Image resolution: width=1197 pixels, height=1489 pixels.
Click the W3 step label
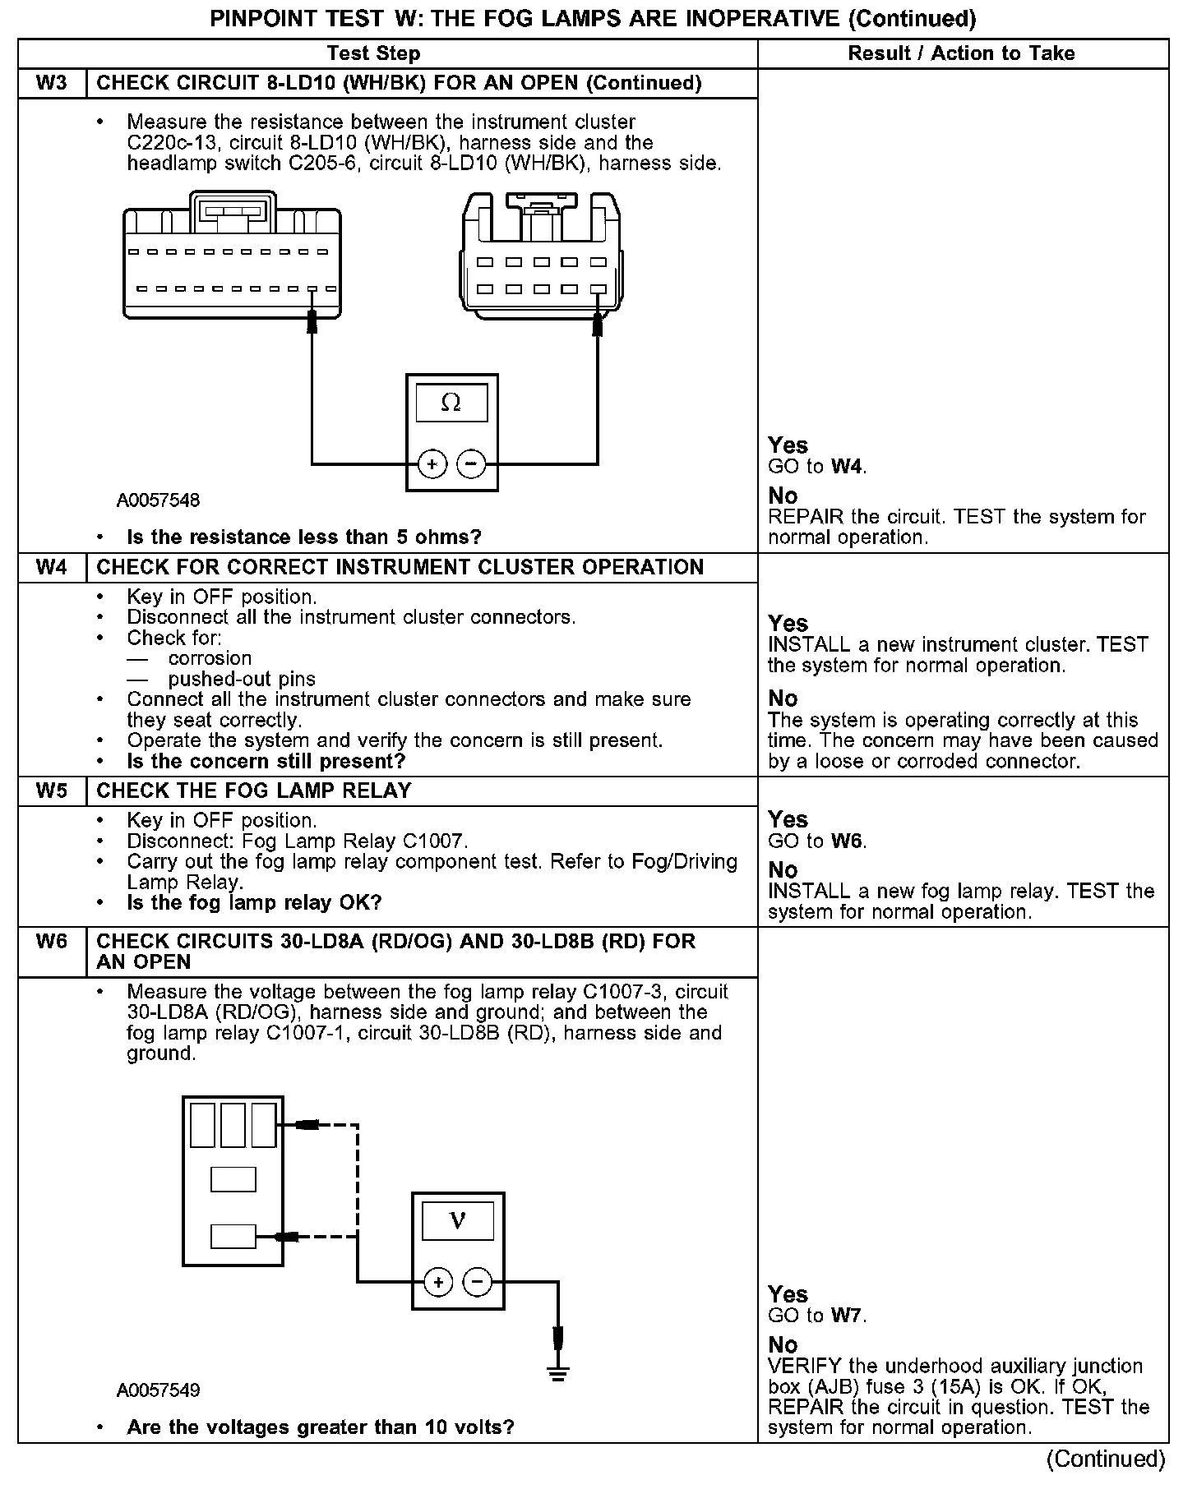(52, 83)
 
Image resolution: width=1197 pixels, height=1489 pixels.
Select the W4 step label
(52, 567)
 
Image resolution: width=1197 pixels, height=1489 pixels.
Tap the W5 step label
(52, 791)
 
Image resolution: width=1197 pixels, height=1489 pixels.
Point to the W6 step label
(52, 941)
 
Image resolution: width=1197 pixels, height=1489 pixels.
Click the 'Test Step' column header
(373, 53)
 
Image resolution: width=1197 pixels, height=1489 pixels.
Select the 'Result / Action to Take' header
(961, 53)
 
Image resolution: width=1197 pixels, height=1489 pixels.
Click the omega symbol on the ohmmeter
(451, 403)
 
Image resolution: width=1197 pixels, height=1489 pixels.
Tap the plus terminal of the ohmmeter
(432, 464)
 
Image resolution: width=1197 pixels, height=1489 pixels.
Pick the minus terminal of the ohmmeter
(471, 464)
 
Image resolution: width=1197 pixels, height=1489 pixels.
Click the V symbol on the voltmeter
(458, 1221)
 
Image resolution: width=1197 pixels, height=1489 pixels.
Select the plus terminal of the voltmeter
(438, 1281)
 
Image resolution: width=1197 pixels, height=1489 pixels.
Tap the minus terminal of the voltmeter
(478, 1281)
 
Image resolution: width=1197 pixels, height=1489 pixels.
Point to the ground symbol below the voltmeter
(558, 1371)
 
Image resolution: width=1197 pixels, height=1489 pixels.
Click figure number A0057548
(158, 500)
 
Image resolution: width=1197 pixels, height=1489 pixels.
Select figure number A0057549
(158, 1390)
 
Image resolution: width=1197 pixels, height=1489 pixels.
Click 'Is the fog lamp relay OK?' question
(254, 903)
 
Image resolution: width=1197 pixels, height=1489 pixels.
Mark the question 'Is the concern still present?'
(266, 761)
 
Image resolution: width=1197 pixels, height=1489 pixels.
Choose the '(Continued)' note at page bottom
(1106, 1459)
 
